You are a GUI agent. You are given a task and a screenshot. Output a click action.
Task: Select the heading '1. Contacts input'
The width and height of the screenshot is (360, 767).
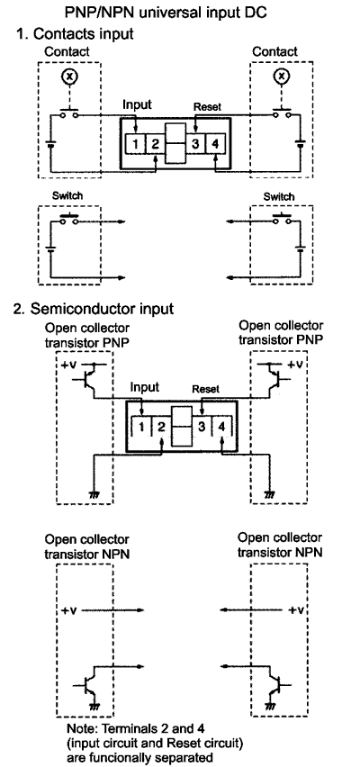pyautogui.click(x=75, y=33)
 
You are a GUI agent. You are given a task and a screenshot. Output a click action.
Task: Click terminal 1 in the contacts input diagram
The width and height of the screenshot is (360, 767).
pyautogui.click(x=136, y=144)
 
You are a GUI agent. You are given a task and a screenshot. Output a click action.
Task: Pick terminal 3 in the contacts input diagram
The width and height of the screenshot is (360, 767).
pyautogui.click(x=195, y=144)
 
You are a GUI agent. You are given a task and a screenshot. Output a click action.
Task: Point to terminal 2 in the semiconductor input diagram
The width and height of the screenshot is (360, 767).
pyautogui.click(x=161, y=427)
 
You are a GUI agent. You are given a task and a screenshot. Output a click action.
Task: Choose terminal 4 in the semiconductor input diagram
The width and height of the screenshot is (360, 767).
pyautogui.click(x=221, y=427)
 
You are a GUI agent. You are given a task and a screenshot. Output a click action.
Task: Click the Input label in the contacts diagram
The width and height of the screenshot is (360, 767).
pyautogui.click(x=137, y=104)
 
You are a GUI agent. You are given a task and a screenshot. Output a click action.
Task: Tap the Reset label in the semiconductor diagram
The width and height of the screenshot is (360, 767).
pyautogui.click(x=206, y=390)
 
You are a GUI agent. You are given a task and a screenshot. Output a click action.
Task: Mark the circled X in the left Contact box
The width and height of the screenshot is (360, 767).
pyautogui.click(x=69, y=76)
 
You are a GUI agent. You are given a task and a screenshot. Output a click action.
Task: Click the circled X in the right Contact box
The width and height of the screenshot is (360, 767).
pyautogui.click(x=281, y=76)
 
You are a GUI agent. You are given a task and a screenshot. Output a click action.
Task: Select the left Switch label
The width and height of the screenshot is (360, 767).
pyautogui.click(x=67, y=195)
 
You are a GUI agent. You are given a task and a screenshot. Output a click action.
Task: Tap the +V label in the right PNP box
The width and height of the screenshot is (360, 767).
pyautogui.click(x=295, y=365)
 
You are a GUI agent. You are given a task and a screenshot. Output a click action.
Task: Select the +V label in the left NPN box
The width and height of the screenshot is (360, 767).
pyautogui.click(x=70, y=610)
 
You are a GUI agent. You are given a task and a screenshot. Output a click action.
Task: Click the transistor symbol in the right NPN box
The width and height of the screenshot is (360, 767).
pyautogui.click(x=274, y=686)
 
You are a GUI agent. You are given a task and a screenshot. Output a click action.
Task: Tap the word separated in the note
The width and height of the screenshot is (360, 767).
pyautogui.click(x=184, y=758)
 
